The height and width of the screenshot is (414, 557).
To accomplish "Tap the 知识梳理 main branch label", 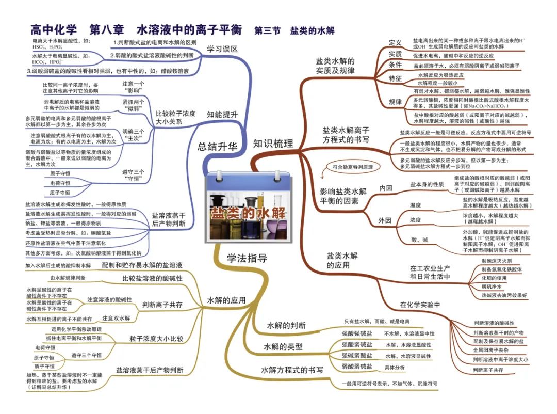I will click(273, 144).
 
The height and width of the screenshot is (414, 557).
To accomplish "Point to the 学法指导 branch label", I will click(247, 258).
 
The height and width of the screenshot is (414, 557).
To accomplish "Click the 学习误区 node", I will click(222, 49).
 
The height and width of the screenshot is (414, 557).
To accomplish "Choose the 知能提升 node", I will click(222, 114).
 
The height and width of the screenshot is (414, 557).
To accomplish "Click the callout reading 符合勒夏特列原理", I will click(353, 167).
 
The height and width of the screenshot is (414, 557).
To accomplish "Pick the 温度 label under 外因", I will click(415, 205).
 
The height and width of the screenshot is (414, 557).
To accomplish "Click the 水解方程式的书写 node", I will click(292, 370).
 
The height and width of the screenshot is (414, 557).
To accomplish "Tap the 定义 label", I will click(395, 42).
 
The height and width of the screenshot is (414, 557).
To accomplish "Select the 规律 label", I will click(395, 102).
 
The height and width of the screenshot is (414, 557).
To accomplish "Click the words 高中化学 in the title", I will click(54, 30).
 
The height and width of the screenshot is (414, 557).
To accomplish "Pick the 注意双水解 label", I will click(116, 317).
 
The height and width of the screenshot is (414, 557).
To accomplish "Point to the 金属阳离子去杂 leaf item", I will click(494, 350).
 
